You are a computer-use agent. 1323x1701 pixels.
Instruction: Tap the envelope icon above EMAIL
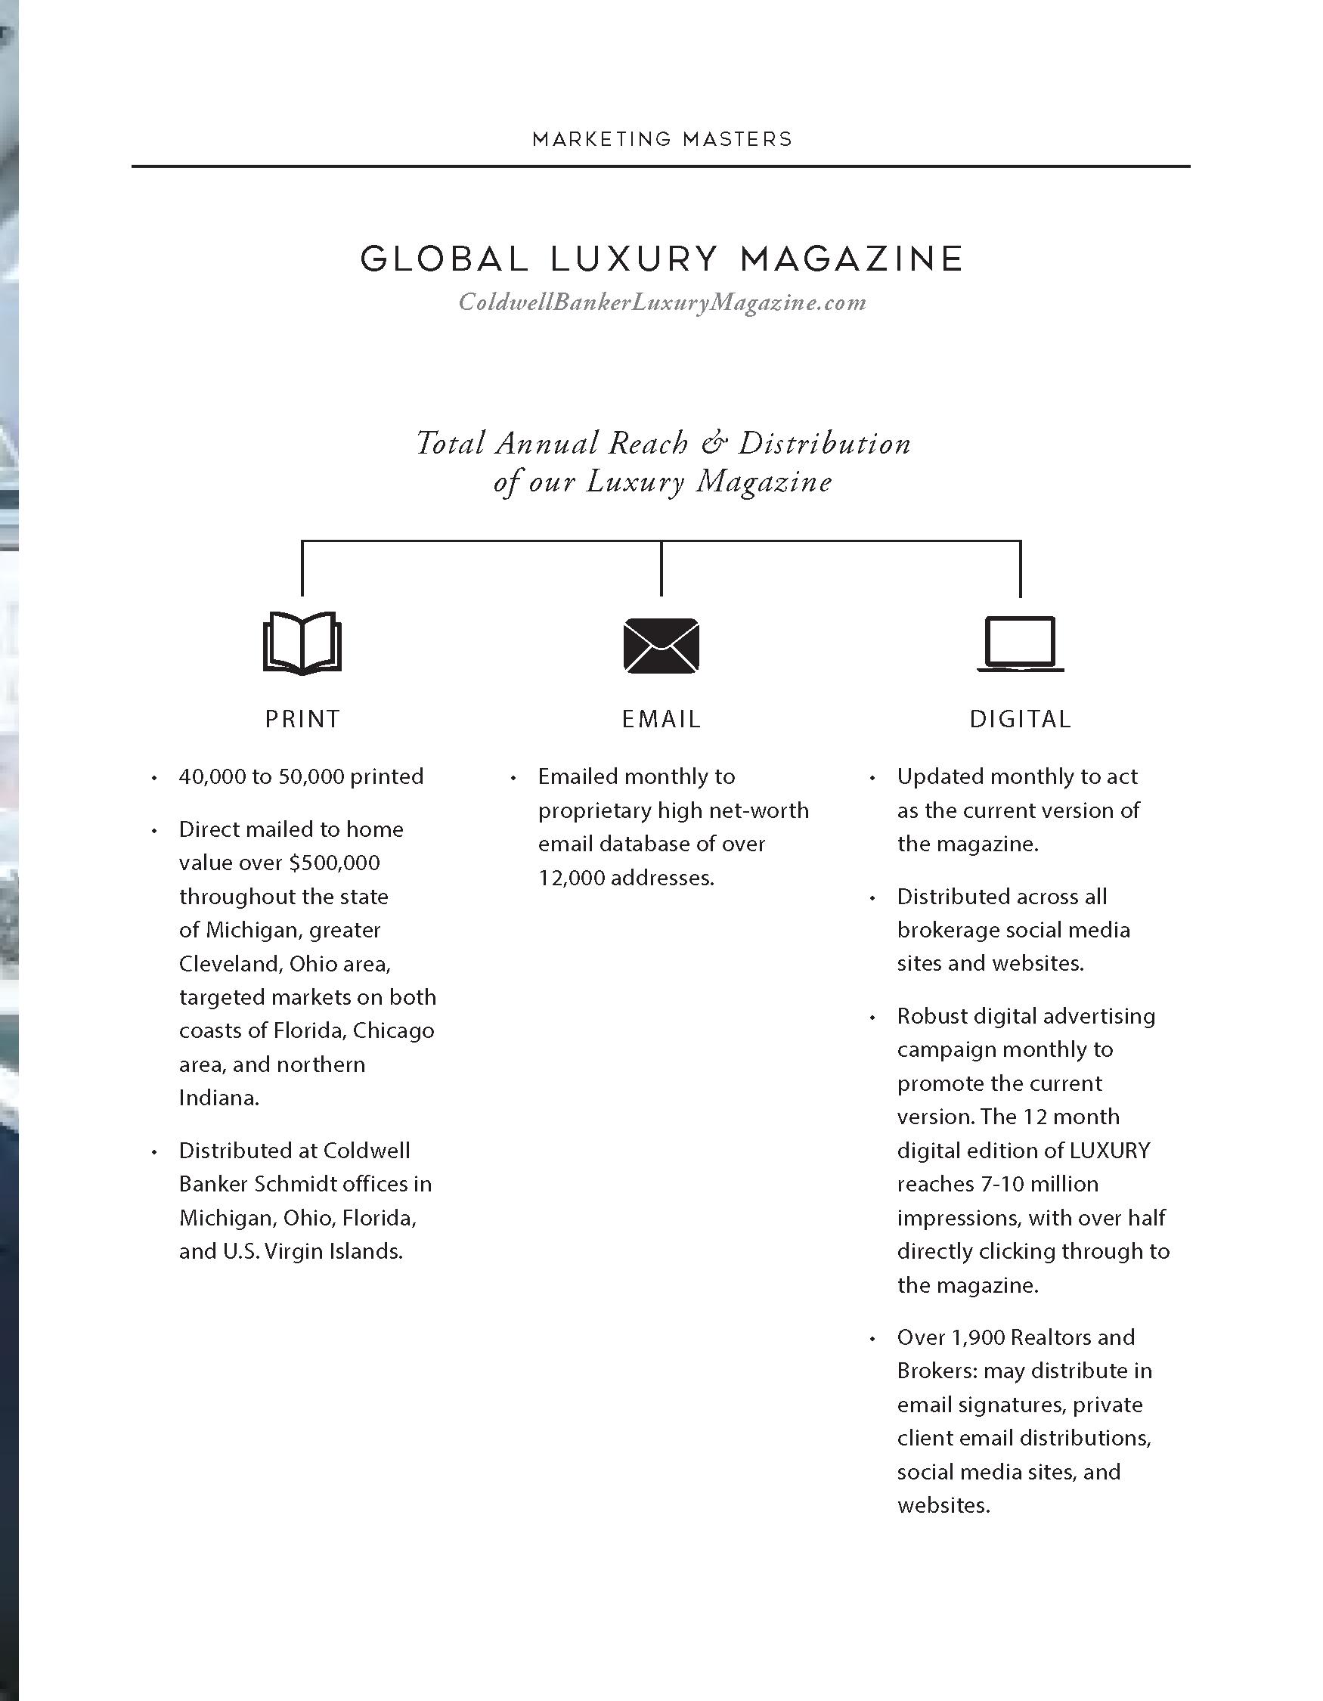coord(661,645)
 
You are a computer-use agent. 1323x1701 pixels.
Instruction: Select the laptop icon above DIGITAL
coord(1020,643)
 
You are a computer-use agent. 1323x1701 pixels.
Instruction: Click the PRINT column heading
coord(303,719)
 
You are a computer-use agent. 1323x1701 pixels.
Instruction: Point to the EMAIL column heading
coord(661,719)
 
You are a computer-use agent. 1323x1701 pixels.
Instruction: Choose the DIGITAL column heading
coord(1020,719)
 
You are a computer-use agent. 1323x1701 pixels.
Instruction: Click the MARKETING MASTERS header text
coord(662,139)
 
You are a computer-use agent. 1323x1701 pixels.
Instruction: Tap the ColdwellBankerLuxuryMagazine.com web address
coord(662,302)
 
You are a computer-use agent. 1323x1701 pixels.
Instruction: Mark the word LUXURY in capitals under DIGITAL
coord(1110,1151)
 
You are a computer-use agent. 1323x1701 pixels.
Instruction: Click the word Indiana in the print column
coord(218,1098)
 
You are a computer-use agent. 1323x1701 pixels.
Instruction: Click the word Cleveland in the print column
coord(231,964)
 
